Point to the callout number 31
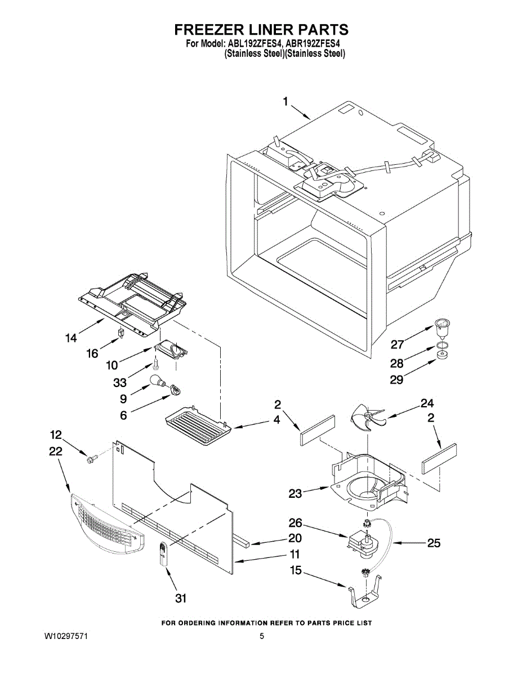pyautogui.click(x=181, y=598)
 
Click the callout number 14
pyautogui.click(x=71, y=337)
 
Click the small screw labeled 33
pyautogui.click(x=155, y=364)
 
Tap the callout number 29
pyautogui.click(x=396, y=380)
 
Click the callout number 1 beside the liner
pyautogui.click(x=286, y=102)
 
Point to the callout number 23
pyautogui.click(x=296, y=493)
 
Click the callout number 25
pyautogui.click(x=434, y=543)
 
